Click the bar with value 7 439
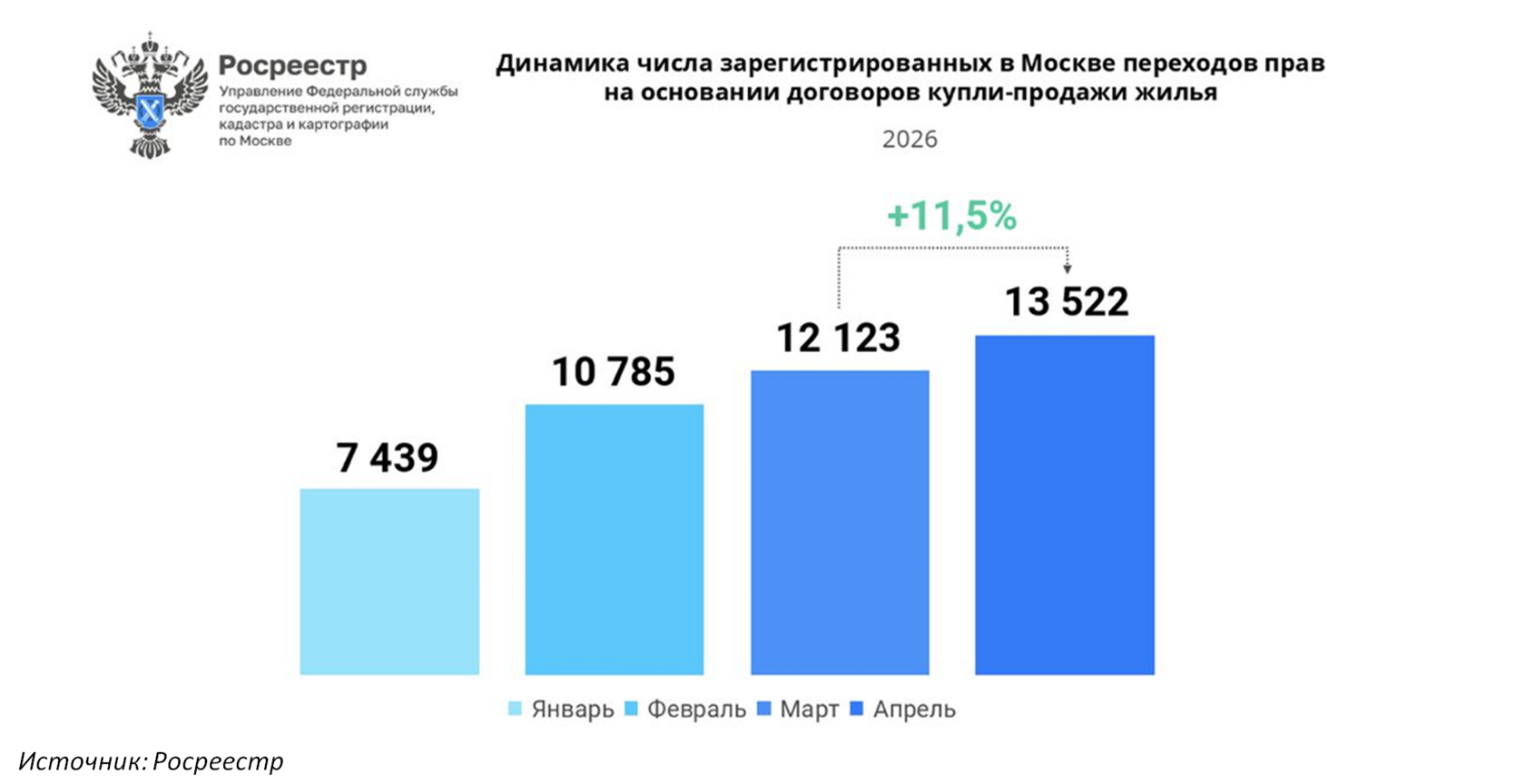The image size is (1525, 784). click(x=389, y=581)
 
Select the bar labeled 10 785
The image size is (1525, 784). click(x=614, y=539)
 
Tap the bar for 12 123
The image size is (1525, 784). click(x=841, y=522)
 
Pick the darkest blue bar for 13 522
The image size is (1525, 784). click(x=1065, y=505)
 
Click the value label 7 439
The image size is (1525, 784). click(x=388, y=457)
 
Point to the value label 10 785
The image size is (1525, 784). click(x=614, y=372)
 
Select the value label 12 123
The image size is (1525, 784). click(x=838, y=338)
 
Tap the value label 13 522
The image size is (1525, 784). click(x=1067, y=301)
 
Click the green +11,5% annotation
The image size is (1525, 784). click(x=951, y=216)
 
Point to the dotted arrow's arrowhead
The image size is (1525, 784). click(x=1067, y=269)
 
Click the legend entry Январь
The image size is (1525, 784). click(x=561, y=710)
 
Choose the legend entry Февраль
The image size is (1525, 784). click(x=685, y=710)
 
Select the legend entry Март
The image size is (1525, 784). click(x=798, y=710)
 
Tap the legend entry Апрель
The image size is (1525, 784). click(x=903, y=710)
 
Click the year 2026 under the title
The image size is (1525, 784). click(x=910, y=139)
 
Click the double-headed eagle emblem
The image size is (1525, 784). click(x=150, y=95)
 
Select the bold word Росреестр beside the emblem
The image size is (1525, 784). click(x=292, y=66)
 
